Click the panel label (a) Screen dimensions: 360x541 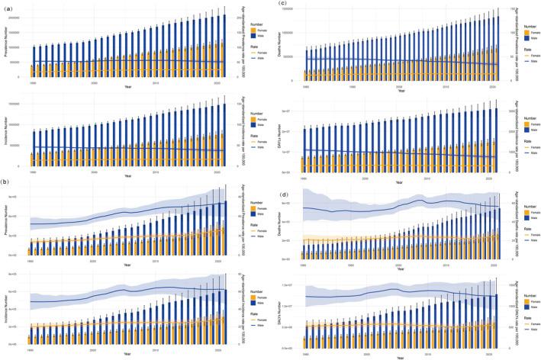click(6, 7)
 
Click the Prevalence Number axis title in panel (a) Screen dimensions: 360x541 click(8, 45)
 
